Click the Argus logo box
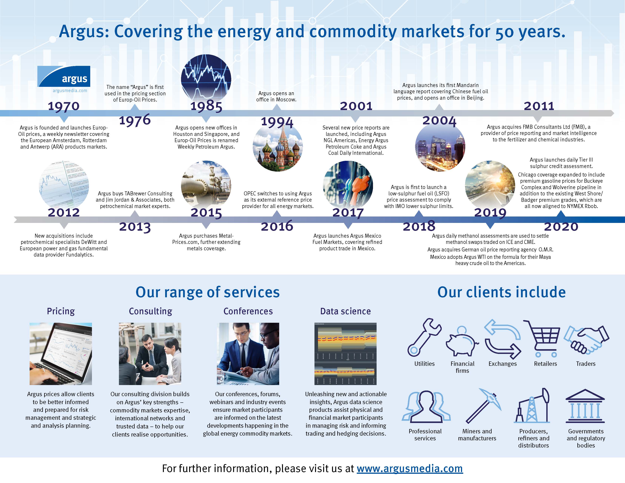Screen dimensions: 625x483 coord(64,76)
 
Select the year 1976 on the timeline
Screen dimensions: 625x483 coord(135,120)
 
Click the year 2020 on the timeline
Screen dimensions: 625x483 coord(561,227)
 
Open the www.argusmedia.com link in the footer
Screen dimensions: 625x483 coord(409,468)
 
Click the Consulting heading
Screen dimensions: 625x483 coord(150,311)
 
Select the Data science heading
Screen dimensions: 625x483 coord(345,311)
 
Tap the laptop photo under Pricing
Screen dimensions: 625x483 coord(61,354)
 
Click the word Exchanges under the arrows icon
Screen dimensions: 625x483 coord(502,364)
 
